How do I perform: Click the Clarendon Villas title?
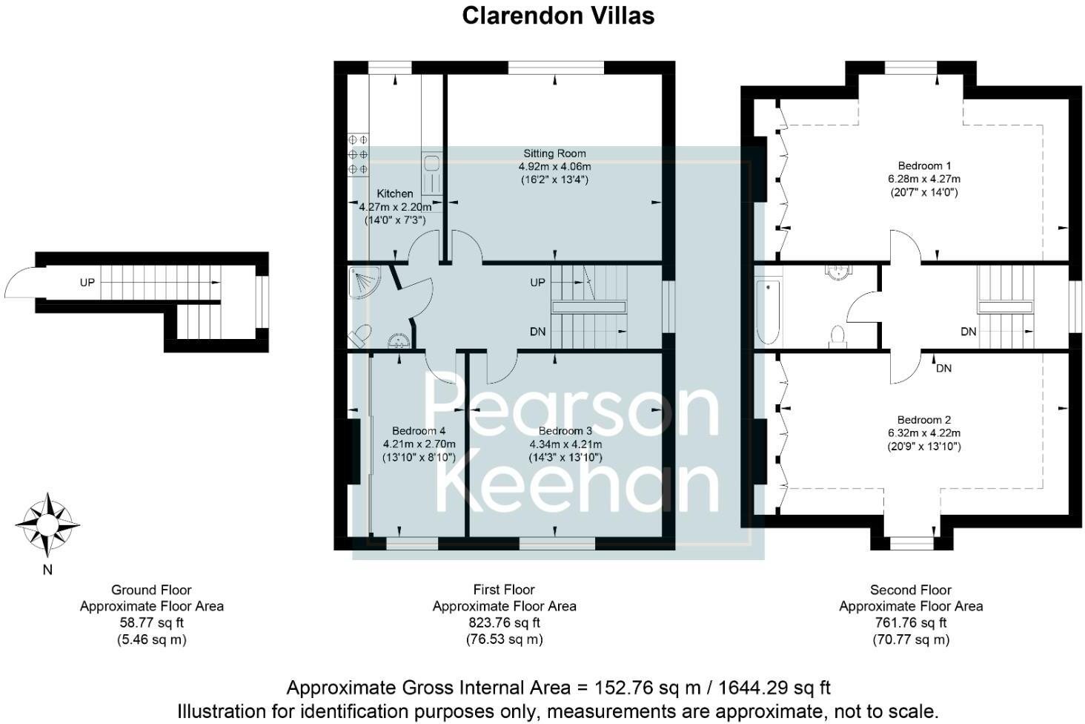coord(558,16)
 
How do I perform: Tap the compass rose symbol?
coord(47,524)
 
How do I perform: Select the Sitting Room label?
coord(554,154)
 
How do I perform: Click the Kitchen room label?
coord(395,194)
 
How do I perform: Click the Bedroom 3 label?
coord(565,431)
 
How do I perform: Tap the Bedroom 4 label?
coord(419,431)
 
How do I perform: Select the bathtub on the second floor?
coord(767,311)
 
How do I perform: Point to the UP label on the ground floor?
coord(87,283)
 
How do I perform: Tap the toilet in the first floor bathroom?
coord(361,335)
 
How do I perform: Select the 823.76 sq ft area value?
coord(503,622)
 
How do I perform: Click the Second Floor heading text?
coord(910,590)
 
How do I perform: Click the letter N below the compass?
coord(47,570)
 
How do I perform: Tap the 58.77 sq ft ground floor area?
coord(151,622)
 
